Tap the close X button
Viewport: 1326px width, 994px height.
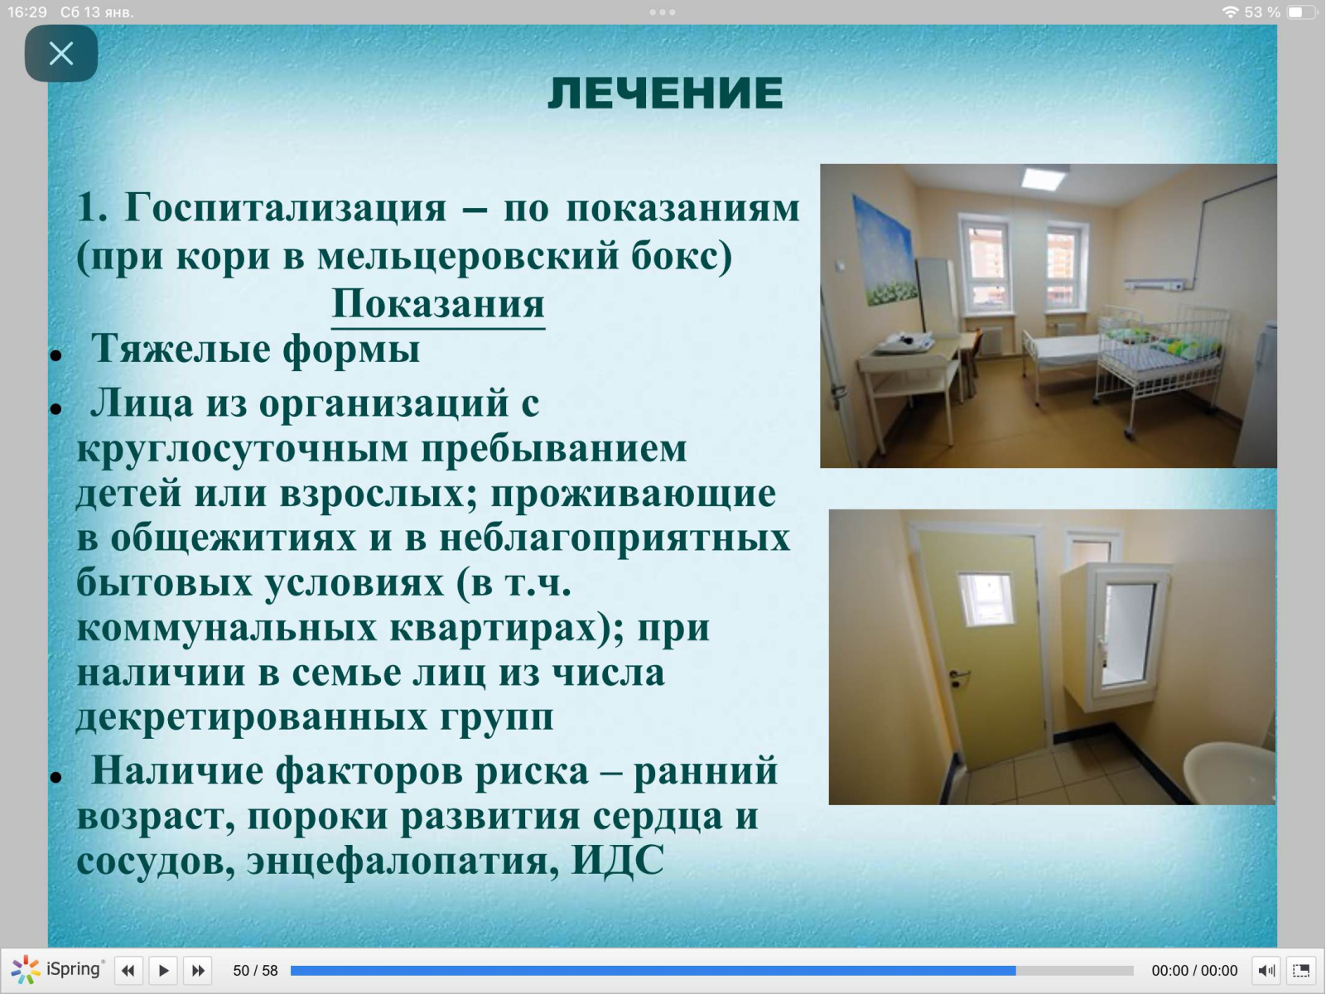(x=61, y=54)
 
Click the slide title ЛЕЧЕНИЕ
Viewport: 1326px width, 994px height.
(x=665, y=94)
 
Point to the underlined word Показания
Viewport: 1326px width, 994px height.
(x=438, y=303)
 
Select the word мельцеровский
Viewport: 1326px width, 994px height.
(x=468, y=256)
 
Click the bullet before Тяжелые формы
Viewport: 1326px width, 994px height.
(x=56, y=355)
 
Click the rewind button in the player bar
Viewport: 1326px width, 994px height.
(x=128, y=971)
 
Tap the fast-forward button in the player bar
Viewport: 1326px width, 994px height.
(x=198, y=971)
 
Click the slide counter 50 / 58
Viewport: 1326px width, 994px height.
(x=256, y=971)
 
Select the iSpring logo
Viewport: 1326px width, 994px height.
(x=57, y=970)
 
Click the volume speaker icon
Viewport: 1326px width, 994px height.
(x=1266, y=971)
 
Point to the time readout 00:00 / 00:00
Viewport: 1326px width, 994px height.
(x=1194, y=971)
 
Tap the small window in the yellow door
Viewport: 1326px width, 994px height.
(x=986, y=600)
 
